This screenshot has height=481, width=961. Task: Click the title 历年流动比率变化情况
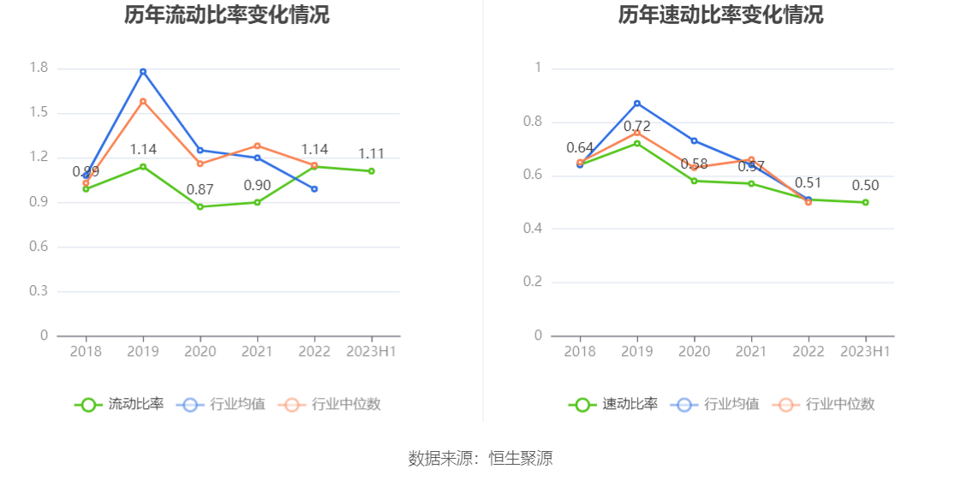[226, 15]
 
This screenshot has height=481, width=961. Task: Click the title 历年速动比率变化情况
[720, 15]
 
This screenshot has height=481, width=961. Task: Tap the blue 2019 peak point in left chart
[143, 71]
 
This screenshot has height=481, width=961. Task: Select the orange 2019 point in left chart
[143, 101]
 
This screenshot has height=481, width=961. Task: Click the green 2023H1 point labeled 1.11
[372, 171]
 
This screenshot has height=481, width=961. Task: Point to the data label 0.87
[200, 189]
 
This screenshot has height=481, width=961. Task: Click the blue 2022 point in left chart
[314, 188]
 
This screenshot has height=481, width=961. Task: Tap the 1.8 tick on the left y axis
[39, 68]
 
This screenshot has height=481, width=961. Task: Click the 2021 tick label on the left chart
[257, 352]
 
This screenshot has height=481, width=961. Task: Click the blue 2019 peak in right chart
[637, 103]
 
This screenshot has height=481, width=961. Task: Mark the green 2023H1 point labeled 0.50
[866, 202]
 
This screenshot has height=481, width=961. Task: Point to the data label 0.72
[637, 127]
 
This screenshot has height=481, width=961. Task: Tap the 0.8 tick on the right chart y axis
[533, 122]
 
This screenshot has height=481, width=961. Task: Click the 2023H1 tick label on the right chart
[866, 352]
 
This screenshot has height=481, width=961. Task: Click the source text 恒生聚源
[521, 458]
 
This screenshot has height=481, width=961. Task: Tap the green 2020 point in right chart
[695, 181]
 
